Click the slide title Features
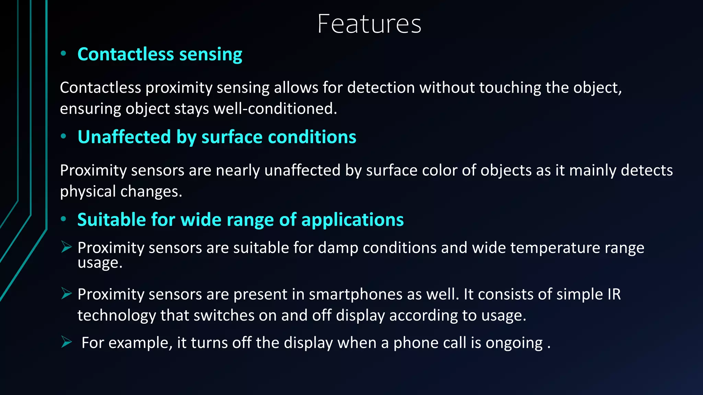pos(369,24)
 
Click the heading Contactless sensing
pos(160,54)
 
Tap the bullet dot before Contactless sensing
pos(63,53)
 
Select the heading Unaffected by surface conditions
pos(217,137)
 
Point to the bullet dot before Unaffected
pos(63,136)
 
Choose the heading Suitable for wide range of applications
pos(240,219)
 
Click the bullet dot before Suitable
pos(63,219)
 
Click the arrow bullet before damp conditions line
pos(66,247)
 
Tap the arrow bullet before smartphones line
pos(66,294)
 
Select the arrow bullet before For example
pos(66,342)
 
